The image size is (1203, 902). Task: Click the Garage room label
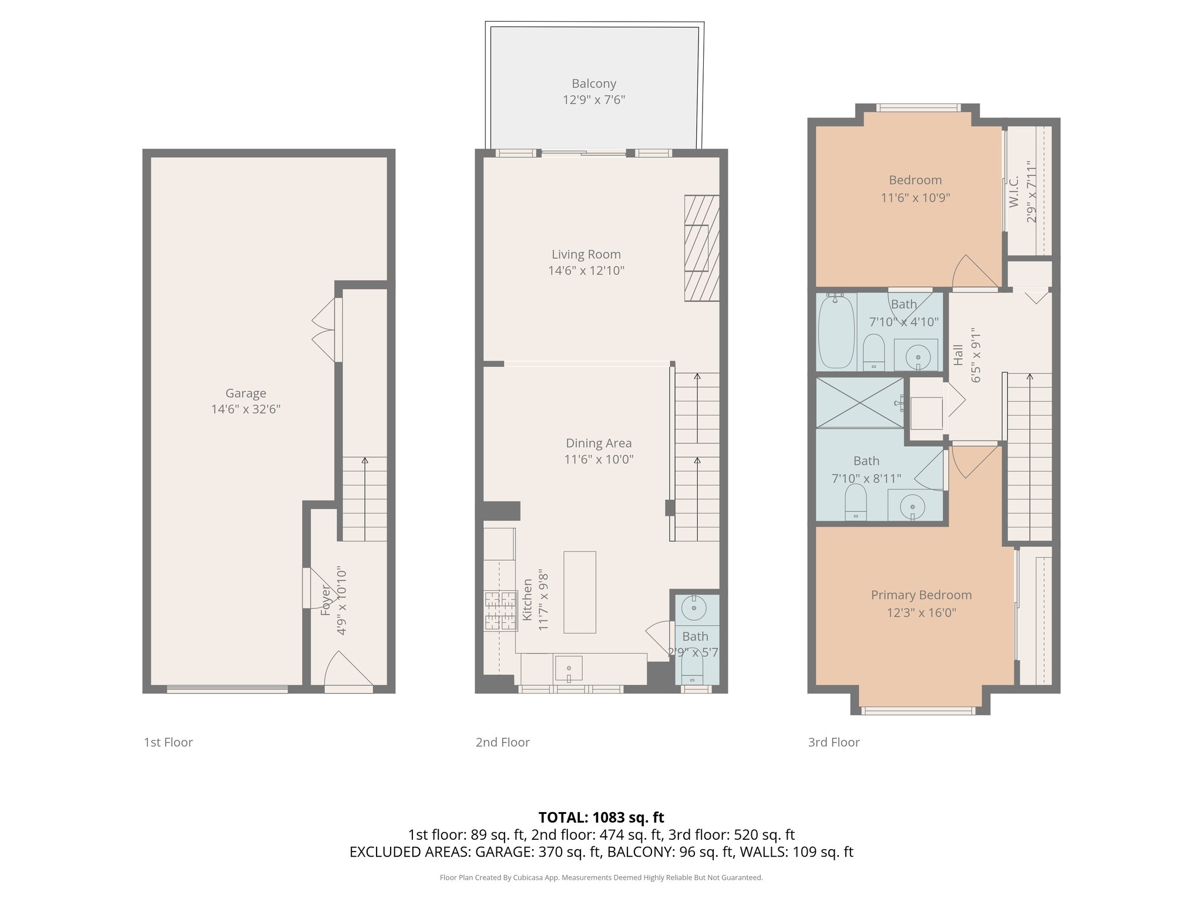coord(246,393)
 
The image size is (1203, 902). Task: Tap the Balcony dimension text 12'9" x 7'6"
coord(593,100)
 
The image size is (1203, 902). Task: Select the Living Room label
coord(586,254)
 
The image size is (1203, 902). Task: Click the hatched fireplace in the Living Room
coord(701,248)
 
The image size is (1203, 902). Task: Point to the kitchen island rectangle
coord(579,592)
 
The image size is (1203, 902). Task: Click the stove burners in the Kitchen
coord(500,611)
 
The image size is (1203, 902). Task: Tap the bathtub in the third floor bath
coord(836,332)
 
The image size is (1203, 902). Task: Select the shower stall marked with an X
coord(859,403)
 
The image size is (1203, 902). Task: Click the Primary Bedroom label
coord(920,595)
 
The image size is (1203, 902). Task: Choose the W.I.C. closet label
coord(1013,191)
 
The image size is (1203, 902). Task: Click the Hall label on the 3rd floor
coord(958,355)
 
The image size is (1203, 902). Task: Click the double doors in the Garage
coord(324,330)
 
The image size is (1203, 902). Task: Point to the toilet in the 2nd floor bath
coord(693,669)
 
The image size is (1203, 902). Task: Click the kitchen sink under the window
coord(569,669)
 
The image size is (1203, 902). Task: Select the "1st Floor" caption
coord(168,742)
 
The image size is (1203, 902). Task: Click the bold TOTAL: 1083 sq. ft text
coord(601,817)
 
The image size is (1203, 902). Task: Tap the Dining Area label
coord(598,443)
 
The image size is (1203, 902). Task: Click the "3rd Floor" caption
coord(833,742)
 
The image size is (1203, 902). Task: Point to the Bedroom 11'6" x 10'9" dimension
coord(915,198)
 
